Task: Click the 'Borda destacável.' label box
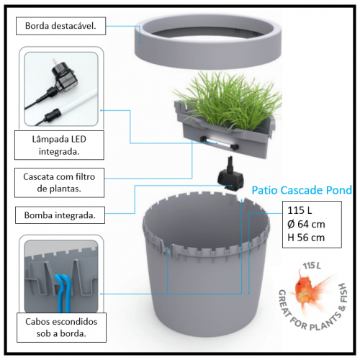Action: click(x=60, y=26)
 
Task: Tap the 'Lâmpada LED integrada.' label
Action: click(x=59, y=145)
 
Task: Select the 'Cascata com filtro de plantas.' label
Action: click(x=59, y=183)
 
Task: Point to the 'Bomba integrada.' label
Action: click(x=60, y=215)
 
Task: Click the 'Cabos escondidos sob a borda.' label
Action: click(x=61, y=328)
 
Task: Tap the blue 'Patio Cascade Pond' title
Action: click(x=302, y=190)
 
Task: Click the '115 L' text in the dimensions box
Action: click(x=300, y=210)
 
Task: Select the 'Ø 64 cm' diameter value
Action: click(x=306, y=224)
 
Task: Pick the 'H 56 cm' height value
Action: click(x=306, y=238)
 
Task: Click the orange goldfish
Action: click(x=310, y=289)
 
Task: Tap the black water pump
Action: click(x=230, y=175)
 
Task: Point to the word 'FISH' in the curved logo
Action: click(x=343, y=293)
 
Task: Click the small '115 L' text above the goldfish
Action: click(x=312, y=266)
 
